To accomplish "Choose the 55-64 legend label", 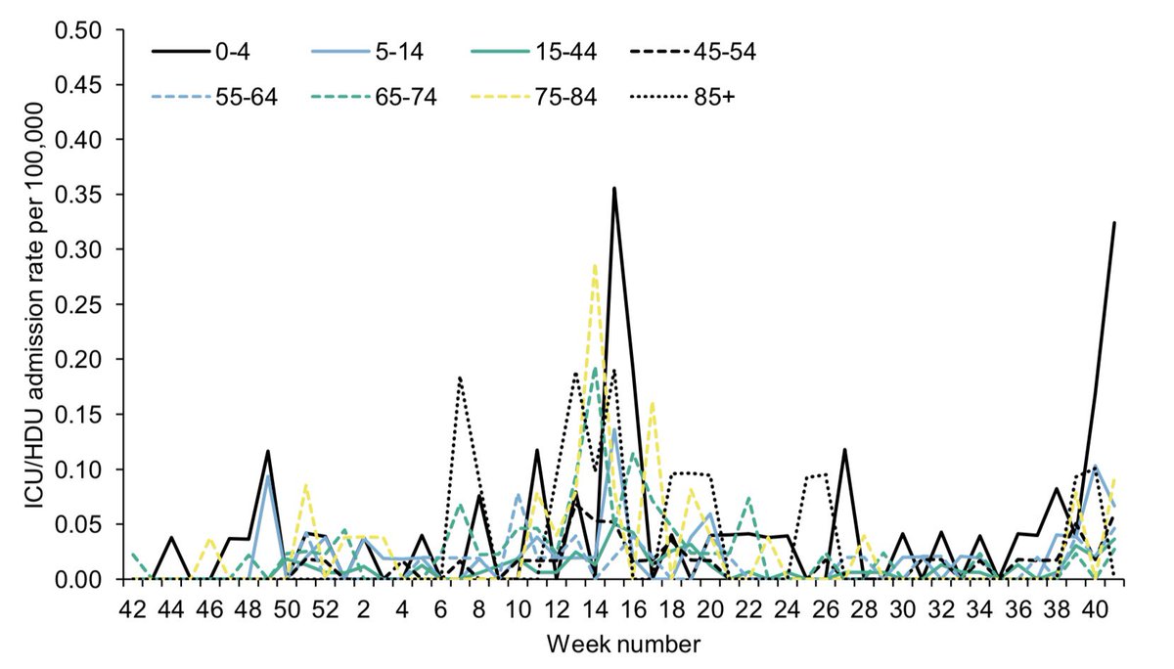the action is [247, 98].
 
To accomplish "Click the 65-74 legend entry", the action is [406, 98].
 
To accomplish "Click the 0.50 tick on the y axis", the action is [78, 30].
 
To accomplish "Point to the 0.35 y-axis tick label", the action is [78, 195].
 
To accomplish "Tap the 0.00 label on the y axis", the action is [78, 579].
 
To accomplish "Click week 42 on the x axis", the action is [133, 609].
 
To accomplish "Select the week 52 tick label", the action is [326, 609].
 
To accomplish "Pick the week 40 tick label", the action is [1096, 609].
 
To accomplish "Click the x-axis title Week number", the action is [623, 644].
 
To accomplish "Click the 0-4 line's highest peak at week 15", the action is [614, 188].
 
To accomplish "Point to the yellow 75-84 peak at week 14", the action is [595, 265].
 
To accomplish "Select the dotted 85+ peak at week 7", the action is [460, 378].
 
